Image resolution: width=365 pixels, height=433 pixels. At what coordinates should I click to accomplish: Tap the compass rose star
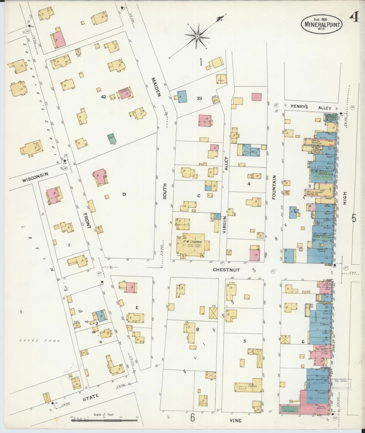click(x=197, y=37)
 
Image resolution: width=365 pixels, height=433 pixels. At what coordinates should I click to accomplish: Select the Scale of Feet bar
click(x=104, y=421)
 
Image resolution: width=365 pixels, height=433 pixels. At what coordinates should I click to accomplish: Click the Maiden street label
click(x=156, y=87)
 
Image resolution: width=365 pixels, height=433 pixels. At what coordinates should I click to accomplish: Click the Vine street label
click(x=236, y=421)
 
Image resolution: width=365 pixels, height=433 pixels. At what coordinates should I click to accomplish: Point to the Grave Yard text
click(x=40, y=341)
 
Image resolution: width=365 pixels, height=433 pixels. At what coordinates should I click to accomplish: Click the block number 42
click(x=103, y=97)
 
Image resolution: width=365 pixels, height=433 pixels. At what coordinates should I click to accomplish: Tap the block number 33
click(x=199, y=98)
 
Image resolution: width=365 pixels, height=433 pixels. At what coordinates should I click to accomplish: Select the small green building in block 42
click(x=111, y=139)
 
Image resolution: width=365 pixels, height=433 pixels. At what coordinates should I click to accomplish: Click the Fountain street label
click(x=274, y=187)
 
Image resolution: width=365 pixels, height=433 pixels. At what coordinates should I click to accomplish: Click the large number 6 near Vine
click(x=192, y=418)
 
